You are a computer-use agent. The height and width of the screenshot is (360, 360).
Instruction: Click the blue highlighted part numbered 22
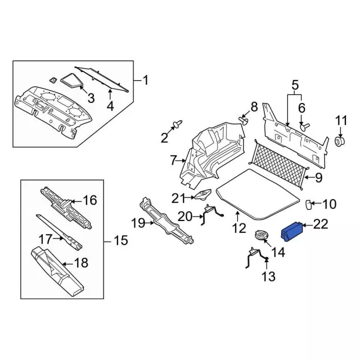(x=292, y=232)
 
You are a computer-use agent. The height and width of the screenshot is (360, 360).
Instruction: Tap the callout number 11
(x=341, y=121)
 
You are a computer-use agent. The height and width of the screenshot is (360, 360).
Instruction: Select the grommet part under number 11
(x=340, y=141)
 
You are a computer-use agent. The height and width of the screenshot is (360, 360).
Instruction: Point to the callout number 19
(x=138, y=223)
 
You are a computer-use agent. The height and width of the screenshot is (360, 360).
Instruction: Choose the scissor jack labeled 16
(x=66, y=208)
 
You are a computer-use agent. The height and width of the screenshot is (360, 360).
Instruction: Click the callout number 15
(x=121, y=241)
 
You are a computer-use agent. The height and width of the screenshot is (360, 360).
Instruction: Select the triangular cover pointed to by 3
(x=71, y=80)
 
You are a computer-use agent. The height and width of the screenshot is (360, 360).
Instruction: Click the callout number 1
(x=146, y=80)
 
